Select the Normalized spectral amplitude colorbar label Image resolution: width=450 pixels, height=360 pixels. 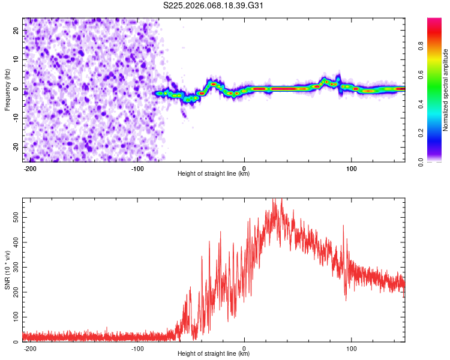446,89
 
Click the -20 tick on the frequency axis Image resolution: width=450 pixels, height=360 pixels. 16,147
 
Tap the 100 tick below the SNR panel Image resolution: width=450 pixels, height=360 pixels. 351,347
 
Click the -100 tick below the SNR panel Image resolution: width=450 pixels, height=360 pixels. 137,347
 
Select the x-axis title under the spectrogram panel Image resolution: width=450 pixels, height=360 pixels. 214,174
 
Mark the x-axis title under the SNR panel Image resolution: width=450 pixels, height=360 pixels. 214,354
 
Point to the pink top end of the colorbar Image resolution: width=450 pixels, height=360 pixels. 434,20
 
